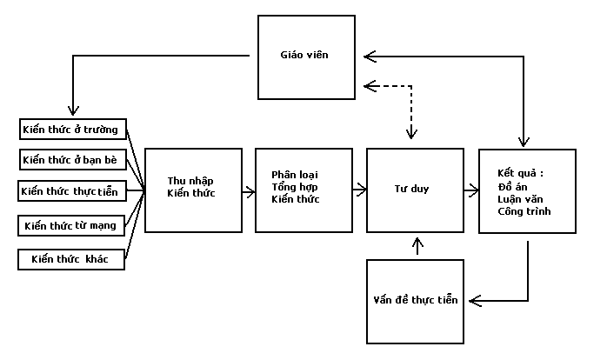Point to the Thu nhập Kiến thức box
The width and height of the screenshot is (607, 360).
pyautogui.click(x=193, y=190)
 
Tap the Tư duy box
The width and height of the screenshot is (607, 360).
pyautogui.click(x=415, y=190)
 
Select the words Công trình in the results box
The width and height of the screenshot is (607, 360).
pyautogui.click(x=524, y=211)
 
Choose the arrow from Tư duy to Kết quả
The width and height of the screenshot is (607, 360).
pyautogui.click(x=470, y=189)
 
